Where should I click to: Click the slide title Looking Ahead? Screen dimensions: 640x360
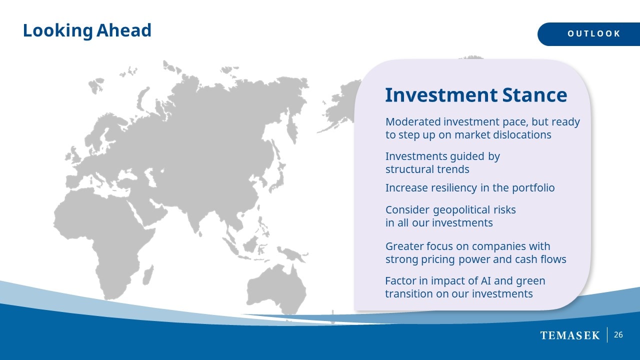87,30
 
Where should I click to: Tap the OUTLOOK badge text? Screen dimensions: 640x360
594,33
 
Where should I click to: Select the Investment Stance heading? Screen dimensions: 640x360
476,95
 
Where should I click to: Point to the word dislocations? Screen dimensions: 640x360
522,135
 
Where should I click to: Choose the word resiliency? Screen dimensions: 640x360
454,188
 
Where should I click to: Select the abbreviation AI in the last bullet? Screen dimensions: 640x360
485,281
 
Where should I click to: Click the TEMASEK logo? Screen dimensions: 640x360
569,335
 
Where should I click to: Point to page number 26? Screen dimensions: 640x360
618,335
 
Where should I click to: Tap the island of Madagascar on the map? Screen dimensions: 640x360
148,274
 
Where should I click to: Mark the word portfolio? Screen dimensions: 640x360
533,188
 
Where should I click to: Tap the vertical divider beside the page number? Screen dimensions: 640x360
607,335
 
